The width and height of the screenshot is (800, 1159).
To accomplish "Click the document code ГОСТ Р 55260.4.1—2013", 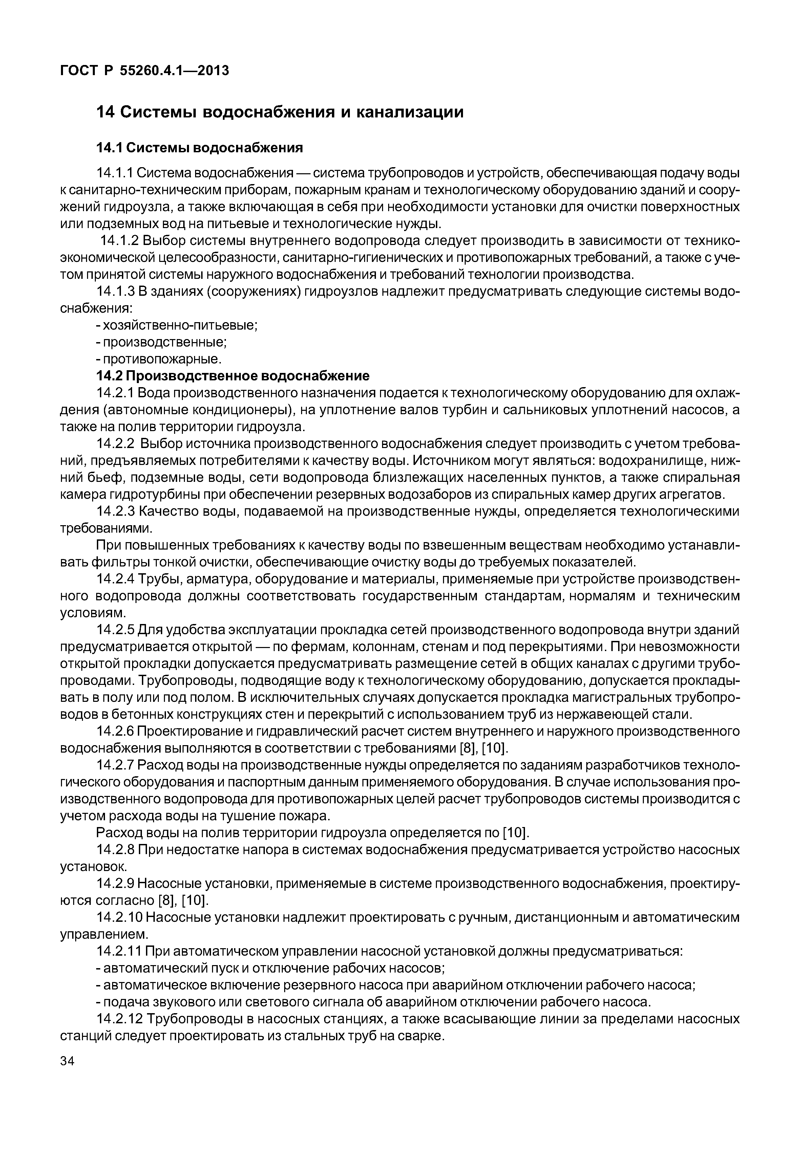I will click(144, 71).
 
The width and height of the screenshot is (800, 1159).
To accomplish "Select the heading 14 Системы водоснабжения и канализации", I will click(280, 112).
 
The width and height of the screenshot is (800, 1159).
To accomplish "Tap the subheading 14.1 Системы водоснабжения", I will click(199, 148).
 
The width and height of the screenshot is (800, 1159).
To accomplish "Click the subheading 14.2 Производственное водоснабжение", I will click(233, 376).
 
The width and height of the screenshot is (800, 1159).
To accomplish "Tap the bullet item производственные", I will click(164, 342).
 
